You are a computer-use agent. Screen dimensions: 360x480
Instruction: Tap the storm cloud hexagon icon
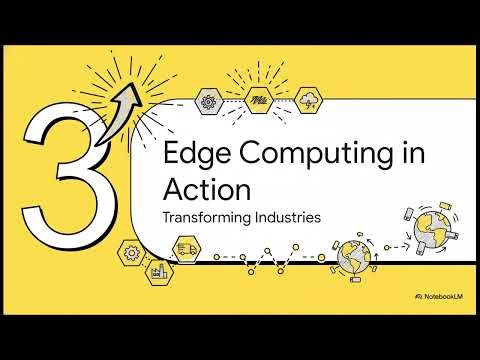(x=309, y=100)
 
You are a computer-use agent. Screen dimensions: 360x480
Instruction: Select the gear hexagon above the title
(x=209, y=100)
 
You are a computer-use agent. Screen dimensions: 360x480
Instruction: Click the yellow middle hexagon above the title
(x=259, y=100)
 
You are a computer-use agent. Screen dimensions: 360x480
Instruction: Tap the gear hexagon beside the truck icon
(x=130, y=252)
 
